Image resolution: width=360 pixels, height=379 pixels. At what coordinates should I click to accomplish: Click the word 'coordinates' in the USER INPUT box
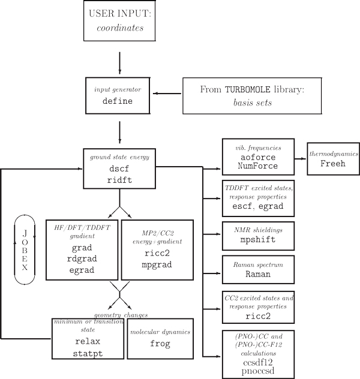point(120,28)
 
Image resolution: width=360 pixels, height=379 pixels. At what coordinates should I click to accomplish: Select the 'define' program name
point(117,101)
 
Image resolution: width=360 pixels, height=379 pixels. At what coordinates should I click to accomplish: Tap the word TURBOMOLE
point(246,89)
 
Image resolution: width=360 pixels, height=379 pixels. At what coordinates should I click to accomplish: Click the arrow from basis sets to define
point(169,94)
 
